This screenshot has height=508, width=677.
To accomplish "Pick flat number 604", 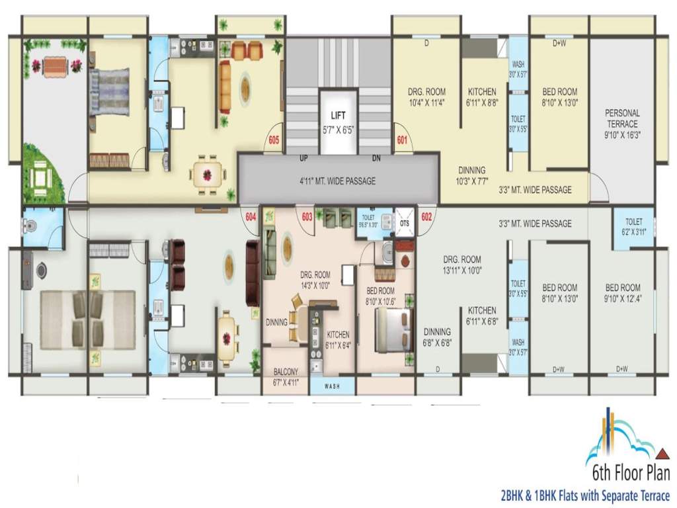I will [251, 216].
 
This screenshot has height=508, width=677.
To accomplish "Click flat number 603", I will [307, 216].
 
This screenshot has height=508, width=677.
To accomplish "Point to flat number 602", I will [426, 216].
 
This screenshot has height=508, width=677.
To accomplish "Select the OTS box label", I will [404, 224].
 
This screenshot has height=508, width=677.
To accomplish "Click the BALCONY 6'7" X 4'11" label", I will [286, 377].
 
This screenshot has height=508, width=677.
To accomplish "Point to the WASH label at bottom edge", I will [333, 386].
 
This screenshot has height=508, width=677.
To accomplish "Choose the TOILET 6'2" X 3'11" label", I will [633, 227].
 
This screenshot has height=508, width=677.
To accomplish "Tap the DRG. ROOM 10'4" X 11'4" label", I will [426, 97].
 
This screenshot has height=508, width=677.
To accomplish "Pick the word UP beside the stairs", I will [304, 159].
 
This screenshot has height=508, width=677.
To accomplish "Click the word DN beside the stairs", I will [376, 159].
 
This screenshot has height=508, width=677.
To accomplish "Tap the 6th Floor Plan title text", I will [631, 474].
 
